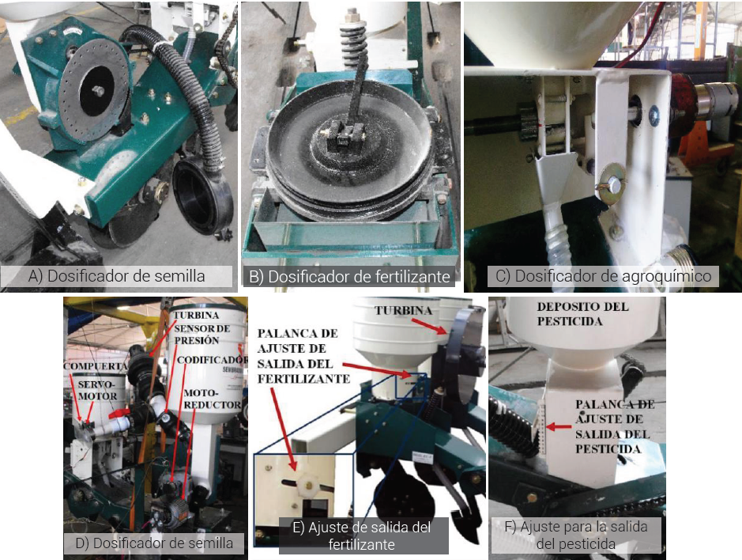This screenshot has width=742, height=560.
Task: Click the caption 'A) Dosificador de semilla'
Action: tap(116, 276)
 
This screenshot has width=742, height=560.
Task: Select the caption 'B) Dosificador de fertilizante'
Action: tap(349, 276)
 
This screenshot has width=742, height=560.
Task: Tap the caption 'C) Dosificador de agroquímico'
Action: tap(604, 276)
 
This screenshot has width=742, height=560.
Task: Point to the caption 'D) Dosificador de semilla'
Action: tap(154, 543)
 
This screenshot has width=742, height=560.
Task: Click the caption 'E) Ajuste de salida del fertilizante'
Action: tap(362, 535)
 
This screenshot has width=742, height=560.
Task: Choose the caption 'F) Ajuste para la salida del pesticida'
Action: tap(576, 535)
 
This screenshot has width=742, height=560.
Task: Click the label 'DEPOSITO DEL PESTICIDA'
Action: tap(582, 314)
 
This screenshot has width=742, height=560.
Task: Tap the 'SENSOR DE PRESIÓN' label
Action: tap(202, 335)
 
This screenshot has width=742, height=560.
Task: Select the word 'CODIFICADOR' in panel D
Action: tap(212, 360)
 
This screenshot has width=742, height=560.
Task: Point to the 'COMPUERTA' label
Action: tap(96, 366)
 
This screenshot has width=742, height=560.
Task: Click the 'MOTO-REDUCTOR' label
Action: tap(212, 399)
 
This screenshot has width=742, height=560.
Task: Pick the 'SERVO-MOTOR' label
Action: tap(97, 390)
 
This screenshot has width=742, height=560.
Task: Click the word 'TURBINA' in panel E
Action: tap(404, 311)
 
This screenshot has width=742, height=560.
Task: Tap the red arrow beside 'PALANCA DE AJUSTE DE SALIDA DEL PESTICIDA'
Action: tap(559, 427)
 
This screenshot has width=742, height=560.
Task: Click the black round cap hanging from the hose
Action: tap(203, 195)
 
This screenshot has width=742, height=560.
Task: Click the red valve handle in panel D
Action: tap(119, 414)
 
